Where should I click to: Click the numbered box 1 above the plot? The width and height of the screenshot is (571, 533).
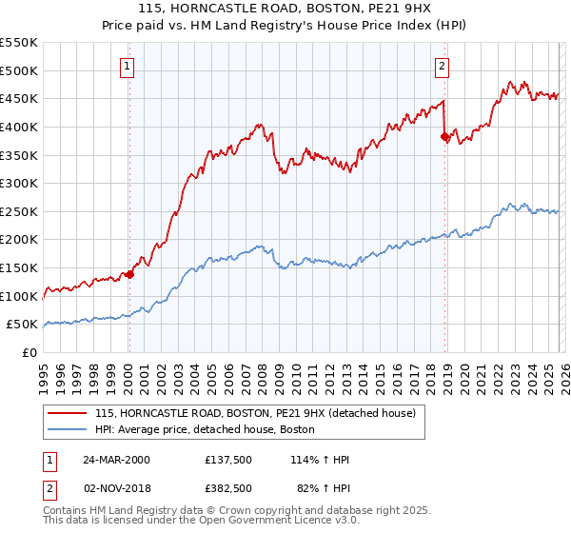128,66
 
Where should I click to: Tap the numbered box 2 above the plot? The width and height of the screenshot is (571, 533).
443,66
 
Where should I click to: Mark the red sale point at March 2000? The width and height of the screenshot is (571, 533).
130,274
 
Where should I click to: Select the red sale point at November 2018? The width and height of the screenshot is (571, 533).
444,137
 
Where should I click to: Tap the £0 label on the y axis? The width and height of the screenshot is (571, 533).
29,352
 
